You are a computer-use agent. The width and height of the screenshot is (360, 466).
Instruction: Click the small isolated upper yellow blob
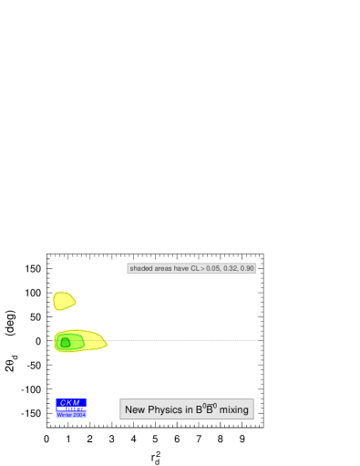click(63, 300)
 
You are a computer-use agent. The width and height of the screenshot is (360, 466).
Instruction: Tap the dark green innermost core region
click(65, 343)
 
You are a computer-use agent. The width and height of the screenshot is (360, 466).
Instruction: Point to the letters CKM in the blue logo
click(70, 402)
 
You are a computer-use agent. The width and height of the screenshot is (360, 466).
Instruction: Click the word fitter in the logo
click(74, 409)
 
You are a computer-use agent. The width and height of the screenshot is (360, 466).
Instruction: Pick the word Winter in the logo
click(64, 415)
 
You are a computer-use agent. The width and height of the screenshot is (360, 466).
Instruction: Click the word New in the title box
click(134, 410)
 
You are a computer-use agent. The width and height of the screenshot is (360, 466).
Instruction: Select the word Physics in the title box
click(163, 410)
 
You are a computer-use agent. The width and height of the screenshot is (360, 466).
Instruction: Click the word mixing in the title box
click(233, 410)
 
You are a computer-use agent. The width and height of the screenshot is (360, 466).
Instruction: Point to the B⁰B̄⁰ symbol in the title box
click(205, 409)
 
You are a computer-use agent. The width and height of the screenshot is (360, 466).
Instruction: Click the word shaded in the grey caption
click(141, 268)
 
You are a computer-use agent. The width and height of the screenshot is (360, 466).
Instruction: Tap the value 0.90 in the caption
click(247, 268)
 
